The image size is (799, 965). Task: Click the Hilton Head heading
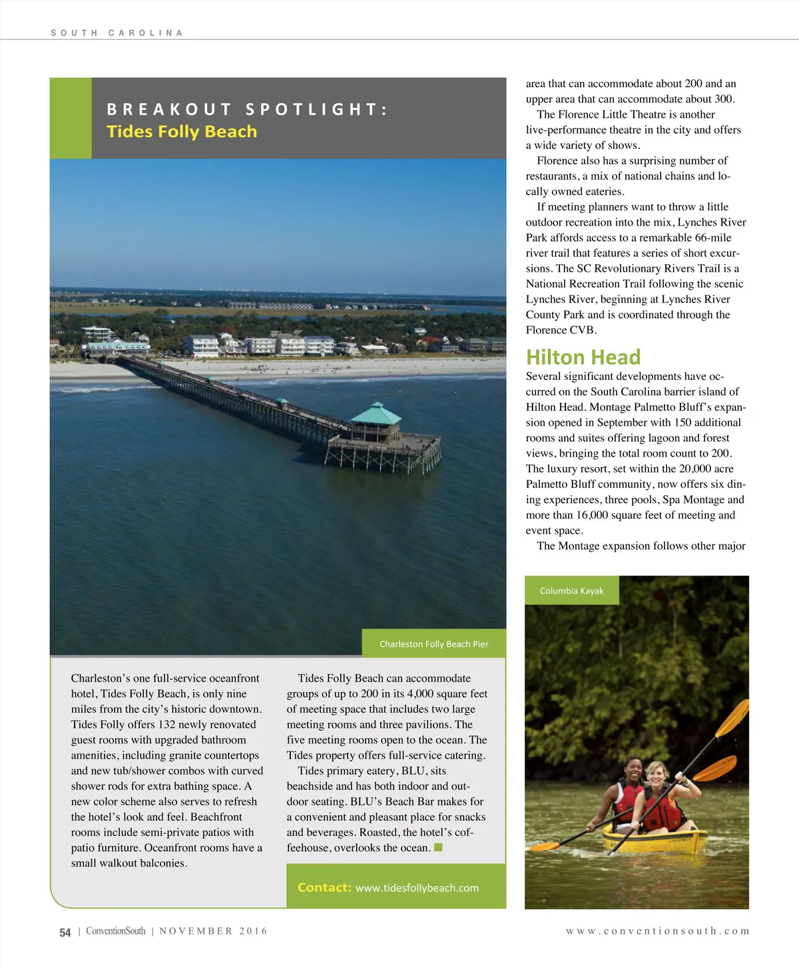[583, 357]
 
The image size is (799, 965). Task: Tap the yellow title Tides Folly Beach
[182, 131]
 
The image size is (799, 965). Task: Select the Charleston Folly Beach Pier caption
[433, 644]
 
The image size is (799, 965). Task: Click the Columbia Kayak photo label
[571, 590]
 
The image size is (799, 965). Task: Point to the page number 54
[65, 932]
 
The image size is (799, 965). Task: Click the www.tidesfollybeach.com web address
[417, 888]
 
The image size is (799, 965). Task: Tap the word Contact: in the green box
[324, 887]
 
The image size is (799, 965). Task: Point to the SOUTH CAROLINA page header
[117, 33]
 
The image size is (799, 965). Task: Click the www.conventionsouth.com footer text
[657, 931]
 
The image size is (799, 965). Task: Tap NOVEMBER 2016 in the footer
[213, 931]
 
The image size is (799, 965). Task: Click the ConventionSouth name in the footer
[115, 931]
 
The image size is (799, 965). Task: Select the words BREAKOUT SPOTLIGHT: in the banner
[247, 109]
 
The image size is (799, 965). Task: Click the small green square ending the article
[438, 847]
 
